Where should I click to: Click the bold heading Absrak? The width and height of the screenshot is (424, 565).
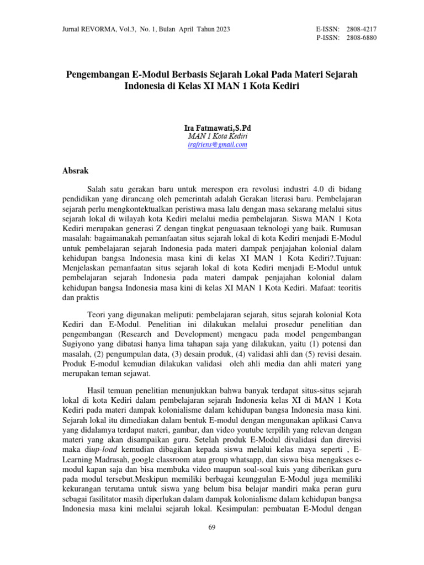[77, 171]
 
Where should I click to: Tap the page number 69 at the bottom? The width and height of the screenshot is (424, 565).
[212, 527]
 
